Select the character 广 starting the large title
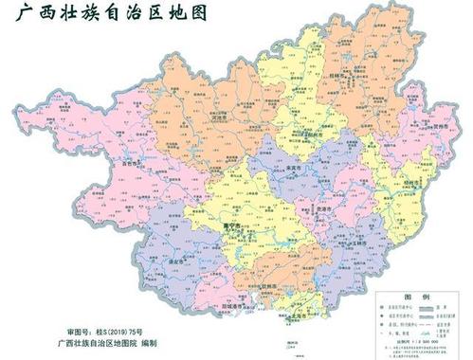click(x=16, y=14)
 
